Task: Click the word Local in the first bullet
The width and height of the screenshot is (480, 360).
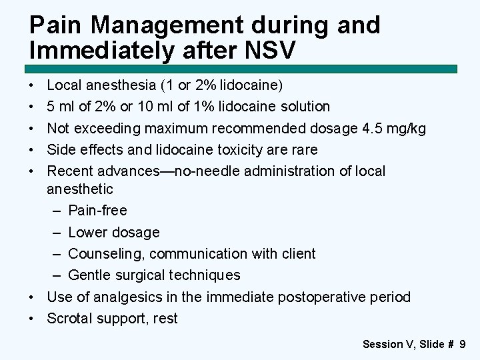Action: (x=64, y=85)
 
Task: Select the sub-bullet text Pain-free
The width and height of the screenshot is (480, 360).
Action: (x=97, y=211)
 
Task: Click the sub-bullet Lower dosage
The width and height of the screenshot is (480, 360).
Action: (x=114, y=232)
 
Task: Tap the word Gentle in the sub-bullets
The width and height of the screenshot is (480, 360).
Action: (x=91, y=275)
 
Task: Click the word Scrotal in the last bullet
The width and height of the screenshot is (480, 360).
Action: (x=70, y=318)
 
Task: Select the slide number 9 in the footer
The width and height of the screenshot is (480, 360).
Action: (x=462, y=345)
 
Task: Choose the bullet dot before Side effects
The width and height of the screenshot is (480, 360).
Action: (x=33, y=150)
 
